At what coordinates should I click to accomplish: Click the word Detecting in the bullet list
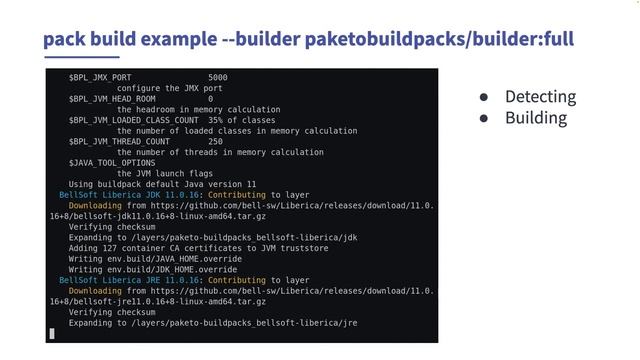coord(540,97)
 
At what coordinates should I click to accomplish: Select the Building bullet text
coord(535,118)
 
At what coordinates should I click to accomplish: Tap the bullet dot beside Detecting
coord(484,98)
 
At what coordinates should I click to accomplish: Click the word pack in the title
coord(64,38)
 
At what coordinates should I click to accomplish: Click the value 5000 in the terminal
coord(218,77)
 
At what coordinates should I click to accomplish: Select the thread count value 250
coord(215,142)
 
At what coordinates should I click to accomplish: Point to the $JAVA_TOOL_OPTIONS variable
coord(111,163)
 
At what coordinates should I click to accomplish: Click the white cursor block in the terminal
coord(52,334)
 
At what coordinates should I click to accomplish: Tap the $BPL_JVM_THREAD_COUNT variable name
coord(119,142)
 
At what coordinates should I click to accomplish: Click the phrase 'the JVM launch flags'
coord(164,174)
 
